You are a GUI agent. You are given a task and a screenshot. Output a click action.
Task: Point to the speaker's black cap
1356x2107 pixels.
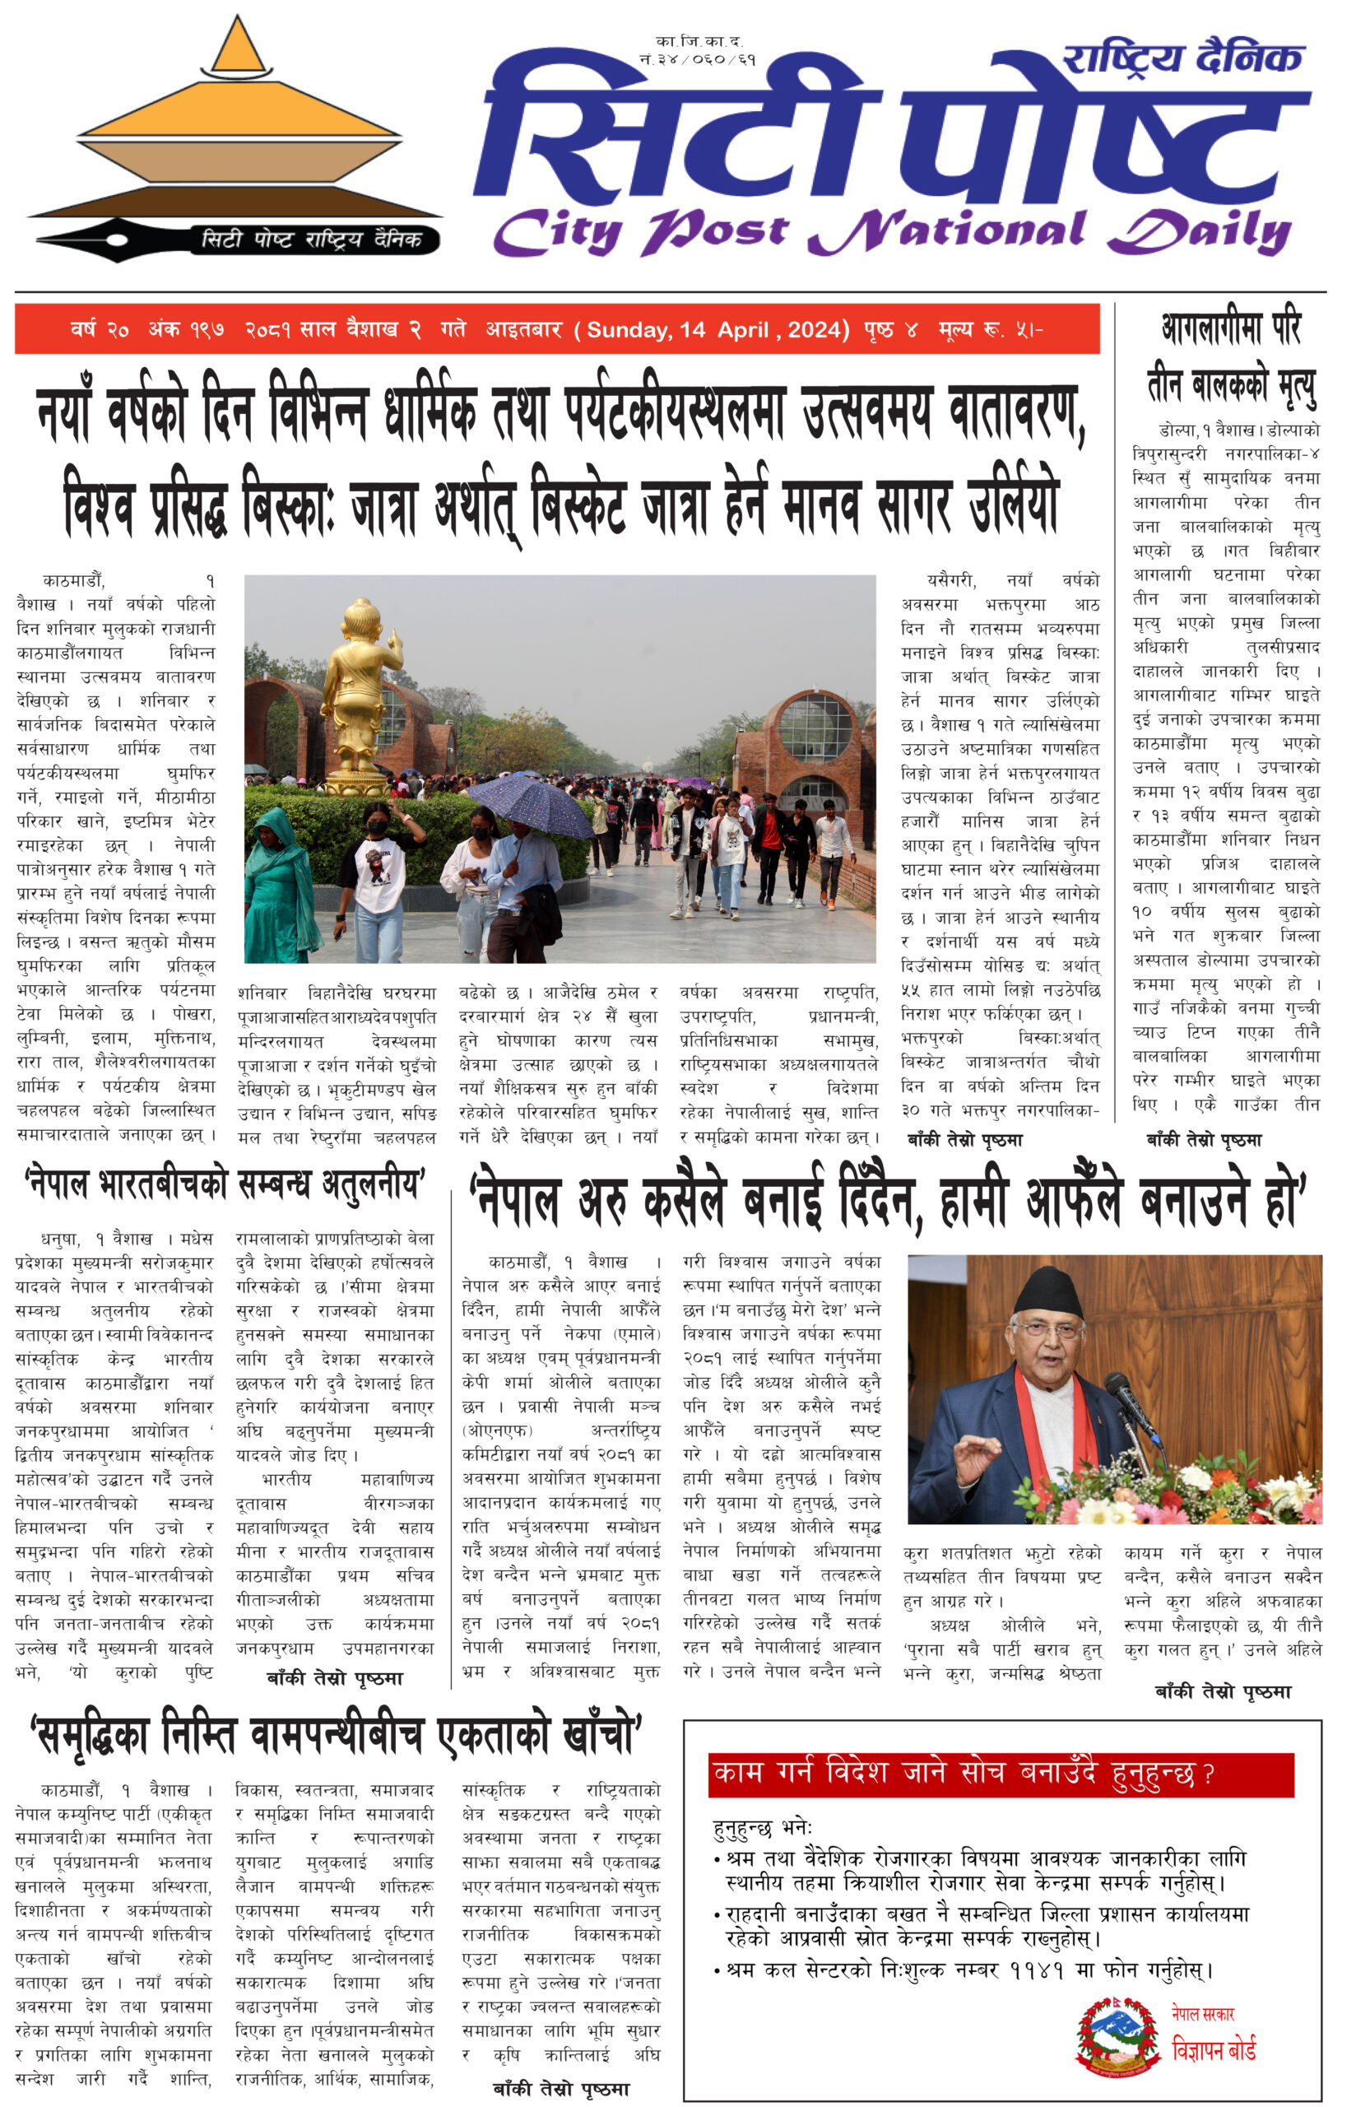(1047, 1294)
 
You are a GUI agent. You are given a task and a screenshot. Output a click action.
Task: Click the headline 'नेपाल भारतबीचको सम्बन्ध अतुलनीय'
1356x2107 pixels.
(225, 1185)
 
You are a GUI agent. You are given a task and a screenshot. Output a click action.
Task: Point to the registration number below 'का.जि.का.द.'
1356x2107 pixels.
(698, 61)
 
